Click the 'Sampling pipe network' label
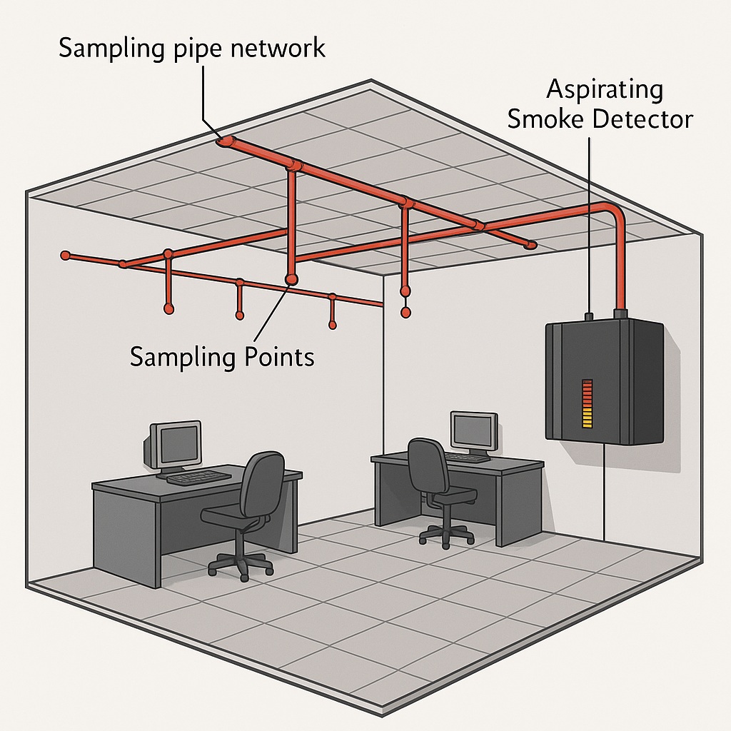click(x=191, y=49)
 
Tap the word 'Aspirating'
click(x=605, y=91)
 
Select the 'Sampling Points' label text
click(x=222, y=356)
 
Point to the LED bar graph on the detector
click(x=588, y=403)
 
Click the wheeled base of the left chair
click(x=241, y=562)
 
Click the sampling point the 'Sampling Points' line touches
click(x=291, y=278)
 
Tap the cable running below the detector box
click(x=605, y=493)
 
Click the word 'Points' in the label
click(x=276, y=356)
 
